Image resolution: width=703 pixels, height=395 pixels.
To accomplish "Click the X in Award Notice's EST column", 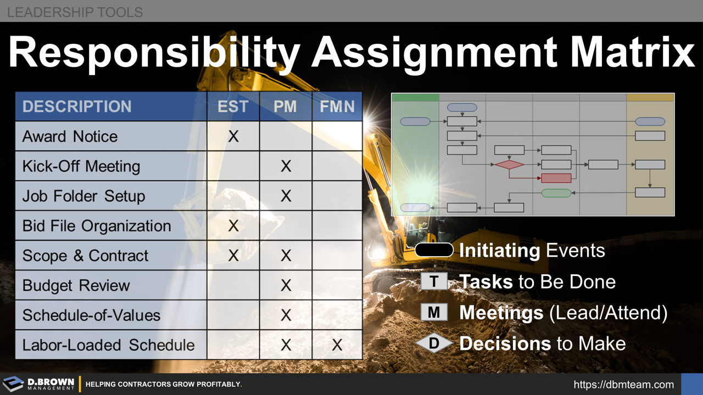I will [x=233, y=136].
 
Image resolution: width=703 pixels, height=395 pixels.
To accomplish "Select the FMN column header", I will [x=337, y=106].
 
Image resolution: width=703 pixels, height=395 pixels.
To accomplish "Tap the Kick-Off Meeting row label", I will [x=81, y=166].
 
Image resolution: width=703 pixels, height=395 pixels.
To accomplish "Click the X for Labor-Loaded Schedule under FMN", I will [x=337, y=345].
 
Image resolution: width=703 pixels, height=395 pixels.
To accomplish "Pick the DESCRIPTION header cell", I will [x=77, y=106].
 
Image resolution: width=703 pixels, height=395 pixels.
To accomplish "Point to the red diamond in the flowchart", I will [x=509, y=164].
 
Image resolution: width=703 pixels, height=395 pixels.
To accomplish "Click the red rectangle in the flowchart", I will [x=556, y=178].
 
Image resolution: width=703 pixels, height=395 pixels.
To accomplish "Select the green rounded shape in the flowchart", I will [x=556, y=193].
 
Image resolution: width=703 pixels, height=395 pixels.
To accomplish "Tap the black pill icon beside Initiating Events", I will [x=434, y=251].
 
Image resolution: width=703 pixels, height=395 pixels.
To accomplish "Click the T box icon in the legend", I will [x=434, y=281].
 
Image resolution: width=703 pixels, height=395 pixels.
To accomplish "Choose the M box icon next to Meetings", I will [x=434, y=313].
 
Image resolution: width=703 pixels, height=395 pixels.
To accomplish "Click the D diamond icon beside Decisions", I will [x=434, y=344].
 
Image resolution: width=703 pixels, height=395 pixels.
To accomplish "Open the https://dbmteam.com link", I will [x=623, y=385].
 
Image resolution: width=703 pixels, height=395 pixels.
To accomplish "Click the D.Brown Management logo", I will [x=38, y=384].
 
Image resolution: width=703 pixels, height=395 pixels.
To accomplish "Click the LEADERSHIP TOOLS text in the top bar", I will [x=75, y=12].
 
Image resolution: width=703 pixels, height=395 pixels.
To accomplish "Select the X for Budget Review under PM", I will [x=286, y=285].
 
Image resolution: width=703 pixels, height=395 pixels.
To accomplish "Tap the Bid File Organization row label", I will [x=97, y=226].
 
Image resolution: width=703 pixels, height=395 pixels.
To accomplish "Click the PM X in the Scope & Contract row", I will [x=286, y=256].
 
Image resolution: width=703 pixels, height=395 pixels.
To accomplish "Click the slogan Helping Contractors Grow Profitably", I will [x=164, y=385].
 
